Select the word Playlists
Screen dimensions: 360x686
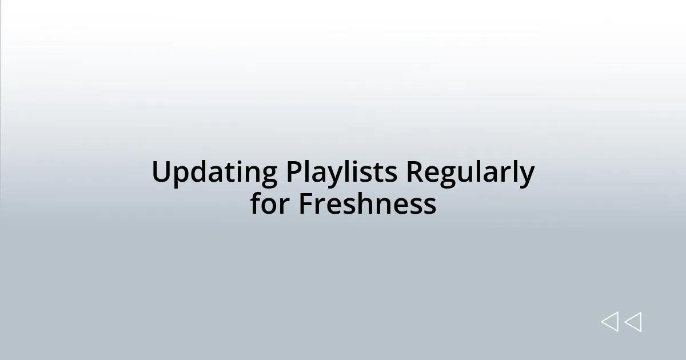(341, 172)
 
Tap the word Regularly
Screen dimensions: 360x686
(470, 173)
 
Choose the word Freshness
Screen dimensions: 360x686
(367, 204)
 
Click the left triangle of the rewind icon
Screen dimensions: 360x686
(609, 322)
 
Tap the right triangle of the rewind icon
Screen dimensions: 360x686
(633, 322)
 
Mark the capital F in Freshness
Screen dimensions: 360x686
(305, 204)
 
